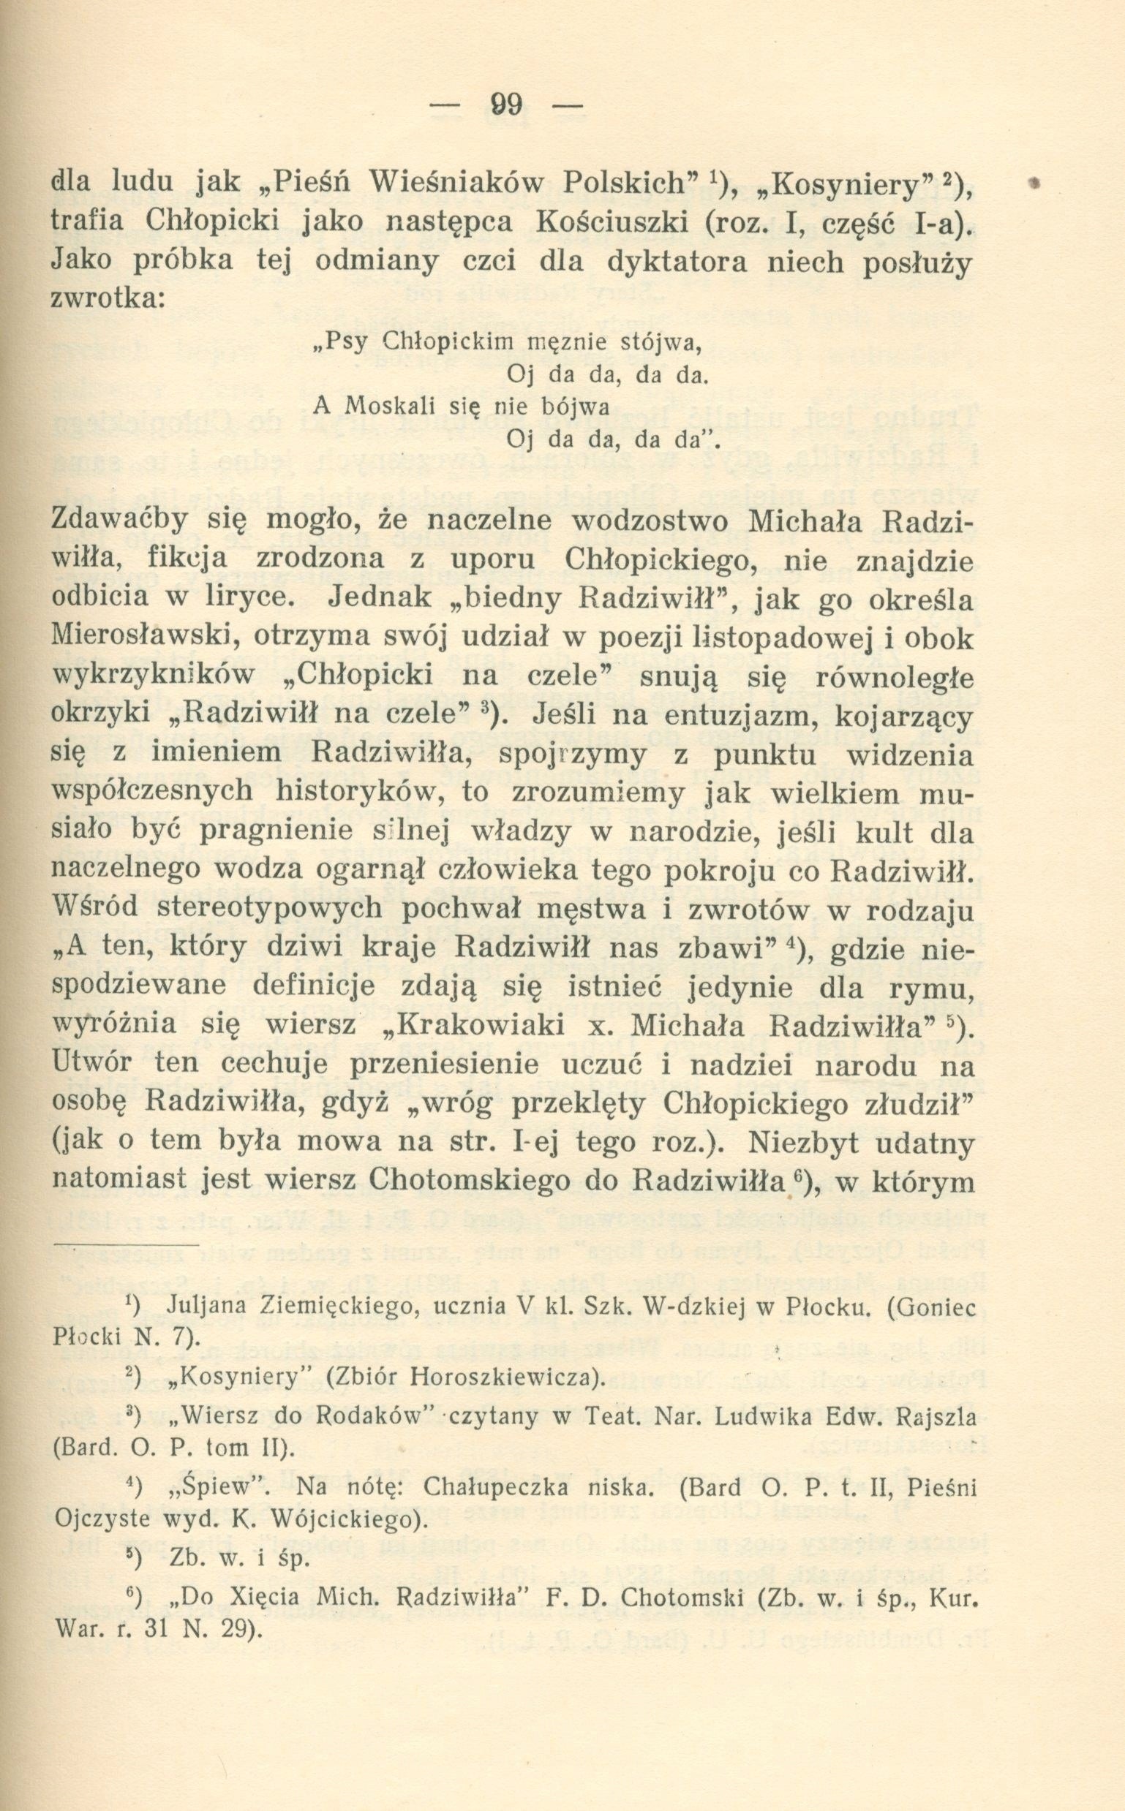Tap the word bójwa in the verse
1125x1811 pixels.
tap(582, 407)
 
